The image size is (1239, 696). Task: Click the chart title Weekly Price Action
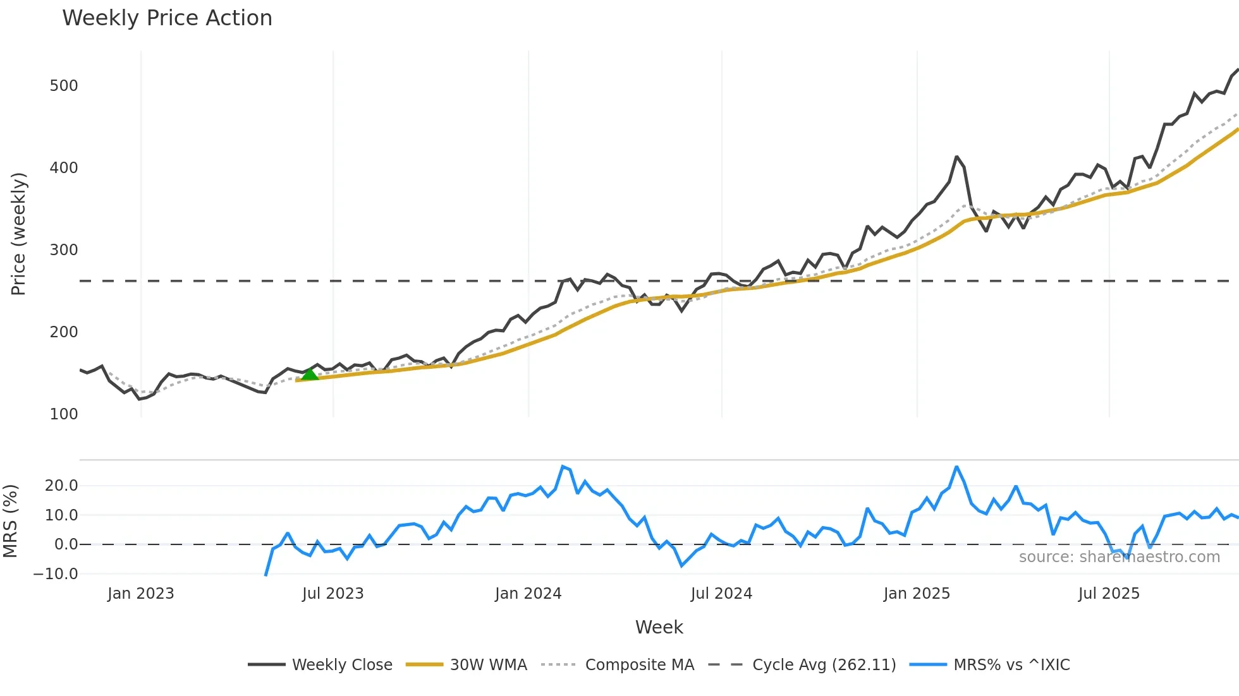click(x=167, y=18)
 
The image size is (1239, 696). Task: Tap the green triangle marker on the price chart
click(x=310, y=374)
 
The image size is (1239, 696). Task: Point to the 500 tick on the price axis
click(x=64, y=86)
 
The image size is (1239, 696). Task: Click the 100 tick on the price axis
click(x=64, y=414)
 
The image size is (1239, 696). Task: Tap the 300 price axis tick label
click(x=64, y=250)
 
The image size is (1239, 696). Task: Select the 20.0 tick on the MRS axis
click(x=61, y=486)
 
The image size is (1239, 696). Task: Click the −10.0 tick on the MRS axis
click(x=56, y=574)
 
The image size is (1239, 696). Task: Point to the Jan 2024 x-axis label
click(x=528, y=594)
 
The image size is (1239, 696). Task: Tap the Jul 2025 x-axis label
click(x=1109, y=594)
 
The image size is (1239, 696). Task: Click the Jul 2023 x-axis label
click(x=333, y=594)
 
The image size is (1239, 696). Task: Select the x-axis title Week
click(x=659, y=627)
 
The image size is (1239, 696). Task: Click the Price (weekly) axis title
click(x=18, y=234)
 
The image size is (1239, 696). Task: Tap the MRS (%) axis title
click(x=10, y=521)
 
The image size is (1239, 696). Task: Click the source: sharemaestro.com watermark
click(x=1119, y=557)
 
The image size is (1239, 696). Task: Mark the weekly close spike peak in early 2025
click(x=956, y=157)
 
